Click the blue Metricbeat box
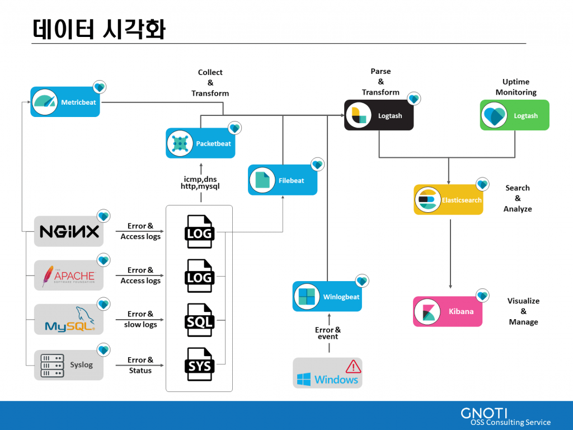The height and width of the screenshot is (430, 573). (65, 102)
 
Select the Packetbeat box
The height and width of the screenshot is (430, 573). (200, 143)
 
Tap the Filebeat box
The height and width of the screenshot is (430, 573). (283, 180)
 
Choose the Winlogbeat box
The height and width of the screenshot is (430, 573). (327, 297)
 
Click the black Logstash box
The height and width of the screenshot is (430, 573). (379, 115)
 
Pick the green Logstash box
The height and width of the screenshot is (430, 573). (514, 115)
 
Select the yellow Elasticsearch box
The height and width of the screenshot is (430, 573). (448, 200)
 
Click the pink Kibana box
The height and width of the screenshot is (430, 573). (448, 311)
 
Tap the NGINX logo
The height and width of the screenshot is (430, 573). (69, 231)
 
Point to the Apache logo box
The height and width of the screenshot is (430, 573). (69, 275)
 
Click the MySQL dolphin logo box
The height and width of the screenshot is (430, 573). (69, 319)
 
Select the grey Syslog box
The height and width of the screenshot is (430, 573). (69, 365)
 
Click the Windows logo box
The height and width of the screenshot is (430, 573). (327, 373)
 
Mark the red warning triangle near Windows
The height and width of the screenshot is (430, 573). (353, 366)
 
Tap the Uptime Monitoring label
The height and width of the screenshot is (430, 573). (516, 87)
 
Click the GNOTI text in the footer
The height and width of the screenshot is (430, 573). (484, 413)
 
